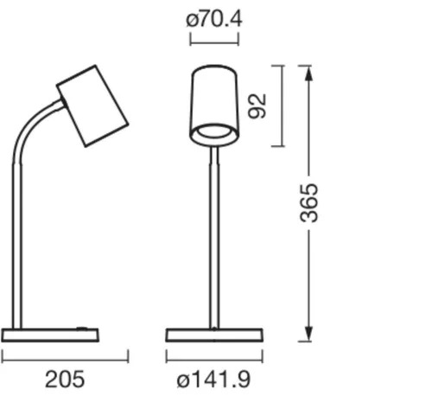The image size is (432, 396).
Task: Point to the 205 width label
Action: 65,379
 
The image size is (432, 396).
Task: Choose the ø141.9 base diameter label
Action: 214,379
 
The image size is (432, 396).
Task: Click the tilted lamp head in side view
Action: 92,105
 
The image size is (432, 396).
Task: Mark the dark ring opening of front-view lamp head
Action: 214,133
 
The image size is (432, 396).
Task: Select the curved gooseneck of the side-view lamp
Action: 26,138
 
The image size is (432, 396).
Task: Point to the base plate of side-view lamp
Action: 50,335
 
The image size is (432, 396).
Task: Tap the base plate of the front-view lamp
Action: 214,335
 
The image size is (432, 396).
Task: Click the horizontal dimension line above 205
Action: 65,355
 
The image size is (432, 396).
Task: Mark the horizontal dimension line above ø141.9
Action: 214,355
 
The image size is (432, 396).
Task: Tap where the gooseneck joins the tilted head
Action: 62,105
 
